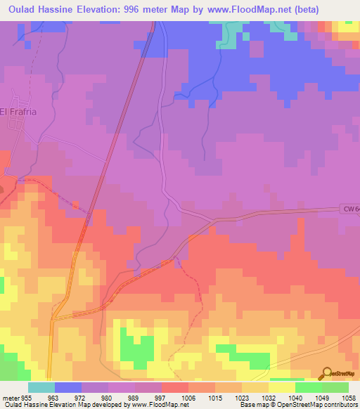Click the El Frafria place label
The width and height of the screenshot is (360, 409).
point(18,111)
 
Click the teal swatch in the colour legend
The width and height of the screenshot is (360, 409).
point(41,388)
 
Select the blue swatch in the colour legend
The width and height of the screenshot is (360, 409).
point(67,388)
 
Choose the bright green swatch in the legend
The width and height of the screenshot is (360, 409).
point(308,388)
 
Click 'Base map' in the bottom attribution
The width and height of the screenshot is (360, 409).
point(255,405)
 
